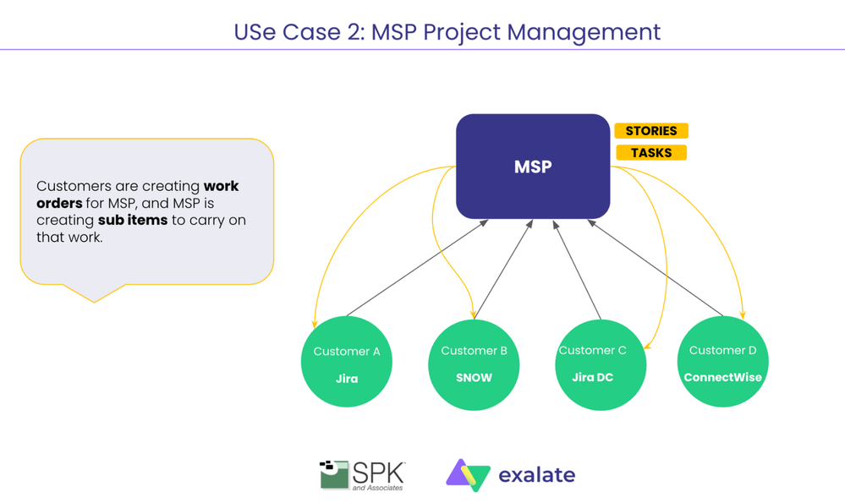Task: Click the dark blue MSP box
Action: tap(532, 167)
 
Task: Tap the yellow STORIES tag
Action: tap(650, 131)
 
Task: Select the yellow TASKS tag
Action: tap(650, 153)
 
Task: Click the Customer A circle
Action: tap(347, 362)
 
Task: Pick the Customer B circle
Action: tap(474, 364)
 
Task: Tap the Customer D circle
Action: tap(722, 362)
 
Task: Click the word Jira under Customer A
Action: tap(347, 379)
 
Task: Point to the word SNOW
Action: tap(474, 378)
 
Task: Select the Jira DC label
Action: tap(592, 377)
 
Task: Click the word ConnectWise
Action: tap(722, 377)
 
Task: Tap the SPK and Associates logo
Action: tap(362, 475)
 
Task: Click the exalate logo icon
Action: tap(468, 475)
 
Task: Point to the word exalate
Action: tap(536, 475)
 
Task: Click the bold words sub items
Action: tap(133, 220)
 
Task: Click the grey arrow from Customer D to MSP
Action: tap(656, 268)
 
